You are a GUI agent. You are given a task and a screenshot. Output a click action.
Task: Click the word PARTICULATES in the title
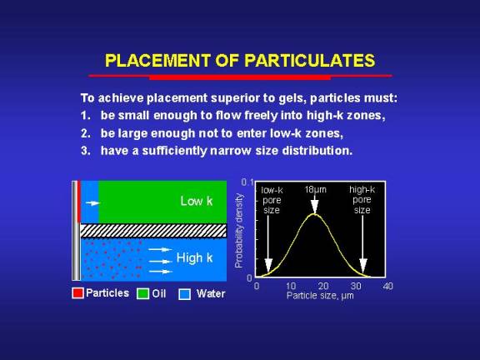point(310,60)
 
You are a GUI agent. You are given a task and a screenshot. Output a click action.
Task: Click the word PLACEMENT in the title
point(157,60)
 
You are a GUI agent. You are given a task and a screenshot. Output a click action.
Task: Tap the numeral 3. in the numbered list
point(86,151)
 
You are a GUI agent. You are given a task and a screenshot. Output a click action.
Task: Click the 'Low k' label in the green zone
point(196,201)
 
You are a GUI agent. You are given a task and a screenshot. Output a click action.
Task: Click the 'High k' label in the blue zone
point(194,257)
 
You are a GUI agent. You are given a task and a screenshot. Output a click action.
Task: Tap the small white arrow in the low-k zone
point(92,203)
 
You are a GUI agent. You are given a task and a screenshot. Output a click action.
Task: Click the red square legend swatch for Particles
point(77,293)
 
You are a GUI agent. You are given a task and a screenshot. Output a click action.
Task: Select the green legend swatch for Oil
point(142,293)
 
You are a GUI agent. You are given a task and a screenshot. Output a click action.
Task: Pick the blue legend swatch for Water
point(185,294)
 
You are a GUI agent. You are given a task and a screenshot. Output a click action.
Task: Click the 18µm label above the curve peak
point(315,190)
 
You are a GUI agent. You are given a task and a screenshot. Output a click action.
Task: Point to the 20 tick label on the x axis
point(323,286)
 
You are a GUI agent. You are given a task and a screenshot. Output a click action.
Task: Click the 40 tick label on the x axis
point(387,286)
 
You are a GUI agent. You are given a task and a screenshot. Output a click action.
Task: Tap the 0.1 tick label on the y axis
point(247,182)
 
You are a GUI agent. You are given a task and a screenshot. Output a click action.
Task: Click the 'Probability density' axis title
point(239,231)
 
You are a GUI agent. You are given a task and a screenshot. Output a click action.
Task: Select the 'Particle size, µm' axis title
point(320,296)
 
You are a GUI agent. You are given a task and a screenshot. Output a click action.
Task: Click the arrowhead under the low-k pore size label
point(268,265)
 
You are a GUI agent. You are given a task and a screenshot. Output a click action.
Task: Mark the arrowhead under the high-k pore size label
point(363,265)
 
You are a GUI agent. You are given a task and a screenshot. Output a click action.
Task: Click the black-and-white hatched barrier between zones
point(153,231)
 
